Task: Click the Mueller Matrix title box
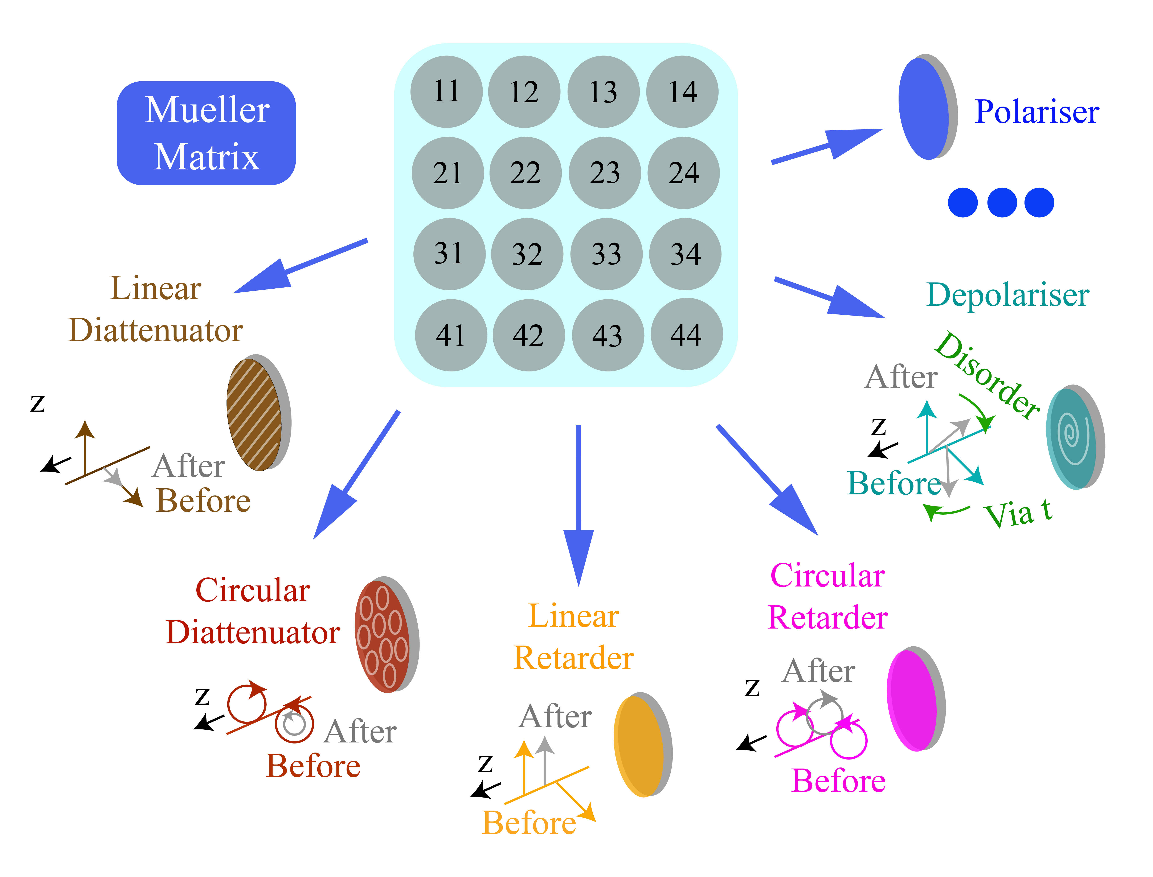(206, 133)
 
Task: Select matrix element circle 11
(446, 91)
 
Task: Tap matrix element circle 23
(605, 173)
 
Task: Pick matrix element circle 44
(687, 334)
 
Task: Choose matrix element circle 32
(527, 254)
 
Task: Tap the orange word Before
(528, 823)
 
